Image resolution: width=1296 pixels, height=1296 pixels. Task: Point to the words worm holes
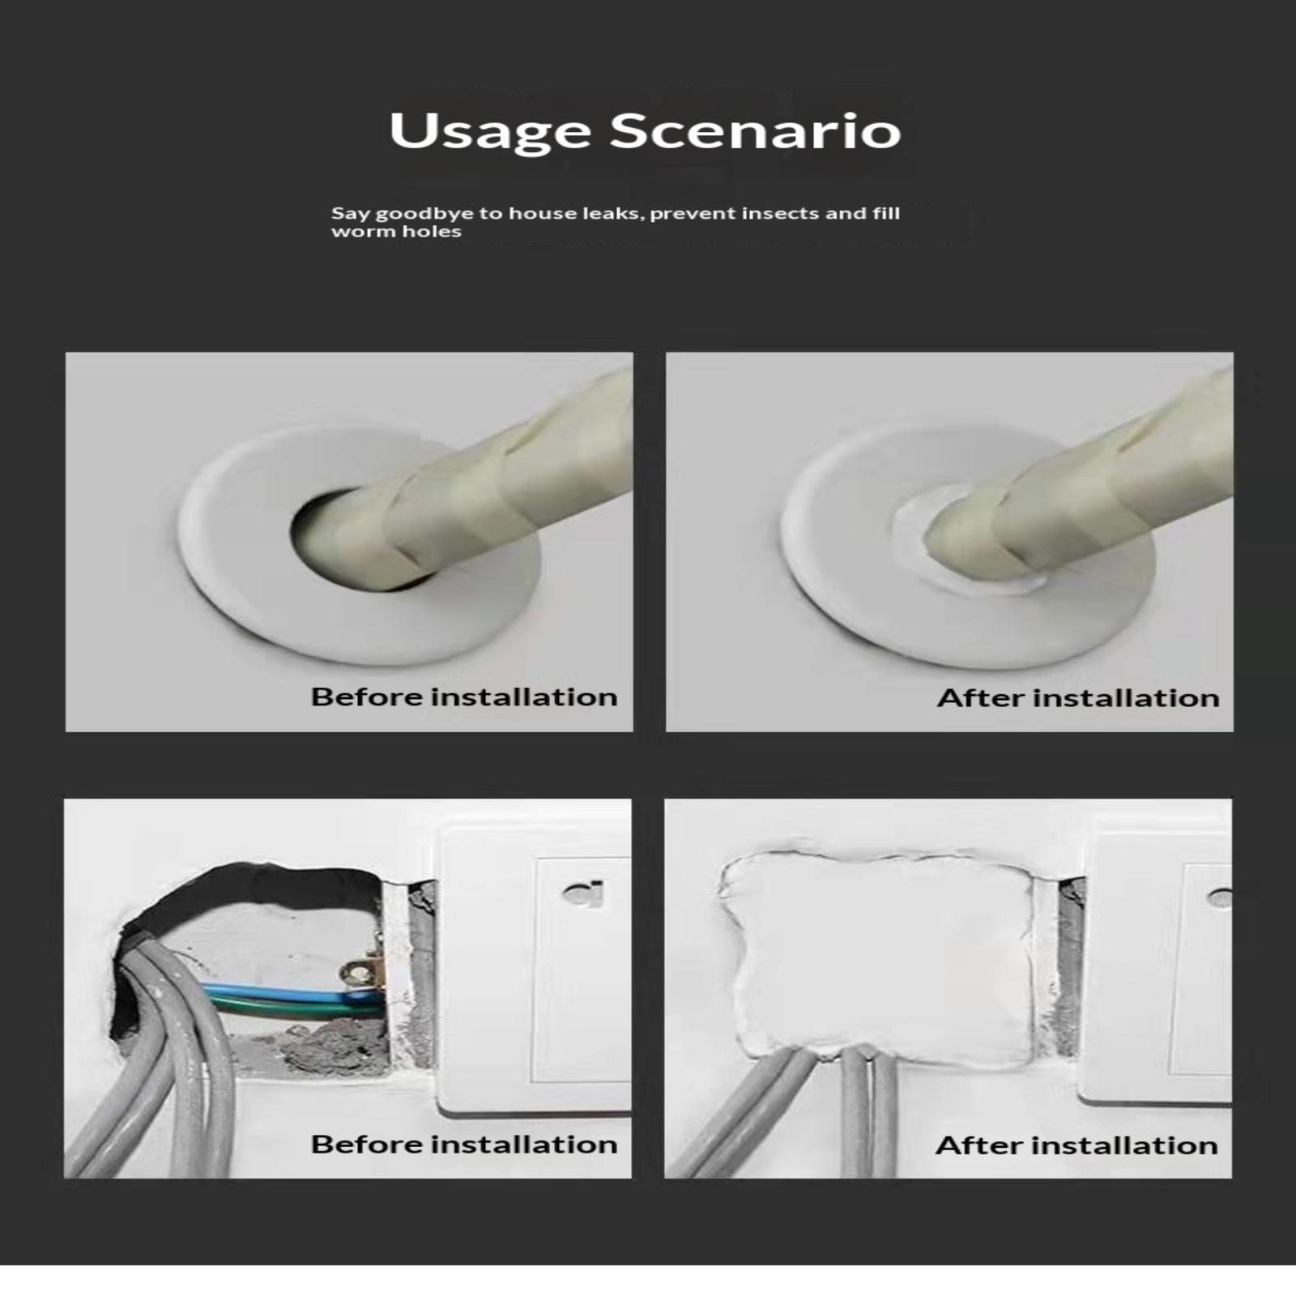[396, 232]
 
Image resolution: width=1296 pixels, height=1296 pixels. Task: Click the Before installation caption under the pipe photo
[464, 697]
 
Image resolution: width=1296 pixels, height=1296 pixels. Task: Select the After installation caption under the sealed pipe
[1078, 697]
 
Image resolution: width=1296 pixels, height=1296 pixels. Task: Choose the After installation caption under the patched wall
[1076, 1145]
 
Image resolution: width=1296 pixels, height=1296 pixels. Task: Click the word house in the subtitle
[544, 213]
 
